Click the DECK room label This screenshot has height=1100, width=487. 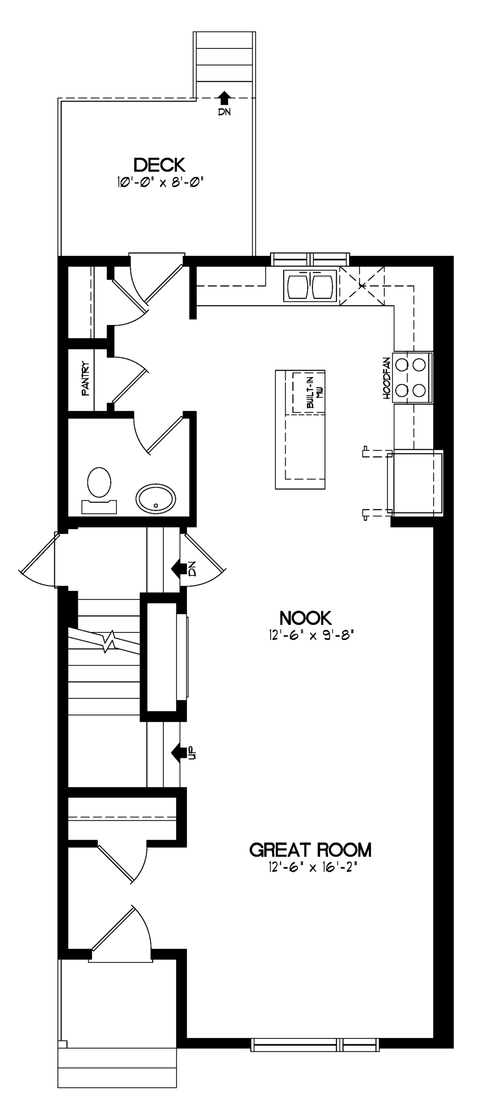pos(159,165)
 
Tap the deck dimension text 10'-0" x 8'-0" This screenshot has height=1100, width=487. pos(159,182)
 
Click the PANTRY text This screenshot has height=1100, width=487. pos(85,379)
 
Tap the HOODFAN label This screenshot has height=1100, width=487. pos(387,378)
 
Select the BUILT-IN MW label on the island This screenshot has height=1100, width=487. pos(314,392)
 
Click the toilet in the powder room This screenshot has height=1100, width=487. pos(99,490)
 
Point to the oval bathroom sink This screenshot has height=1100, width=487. pos(155,499)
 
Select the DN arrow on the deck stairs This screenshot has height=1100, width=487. pos(224,98)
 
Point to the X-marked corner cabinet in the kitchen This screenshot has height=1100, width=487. pos(362,286)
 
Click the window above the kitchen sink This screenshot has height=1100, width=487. pos(310,259)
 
